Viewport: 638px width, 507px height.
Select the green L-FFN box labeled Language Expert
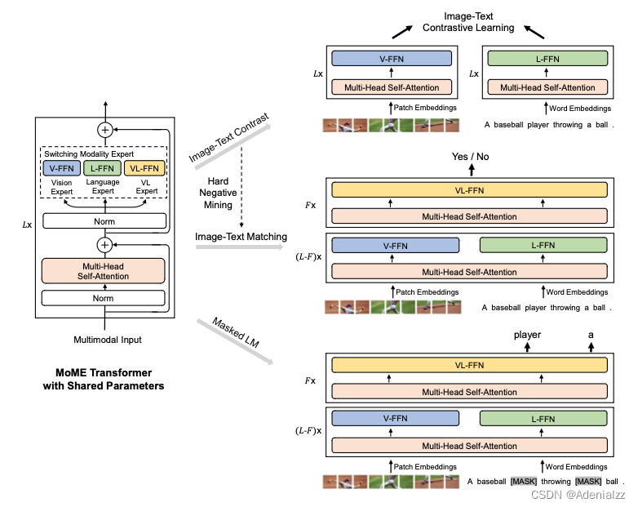(104, 168)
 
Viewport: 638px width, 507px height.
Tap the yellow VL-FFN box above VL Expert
(145, 168)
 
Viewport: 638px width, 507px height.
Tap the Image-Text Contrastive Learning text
(467, 22)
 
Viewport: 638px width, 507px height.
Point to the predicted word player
(527, 334)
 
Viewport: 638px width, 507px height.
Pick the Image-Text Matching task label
(241, 237)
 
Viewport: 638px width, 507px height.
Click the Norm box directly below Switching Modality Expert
(104, 221)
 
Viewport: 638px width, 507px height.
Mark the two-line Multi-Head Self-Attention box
(104, 271)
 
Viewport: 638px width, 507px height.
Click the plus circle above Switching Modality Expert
(104, 129)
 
